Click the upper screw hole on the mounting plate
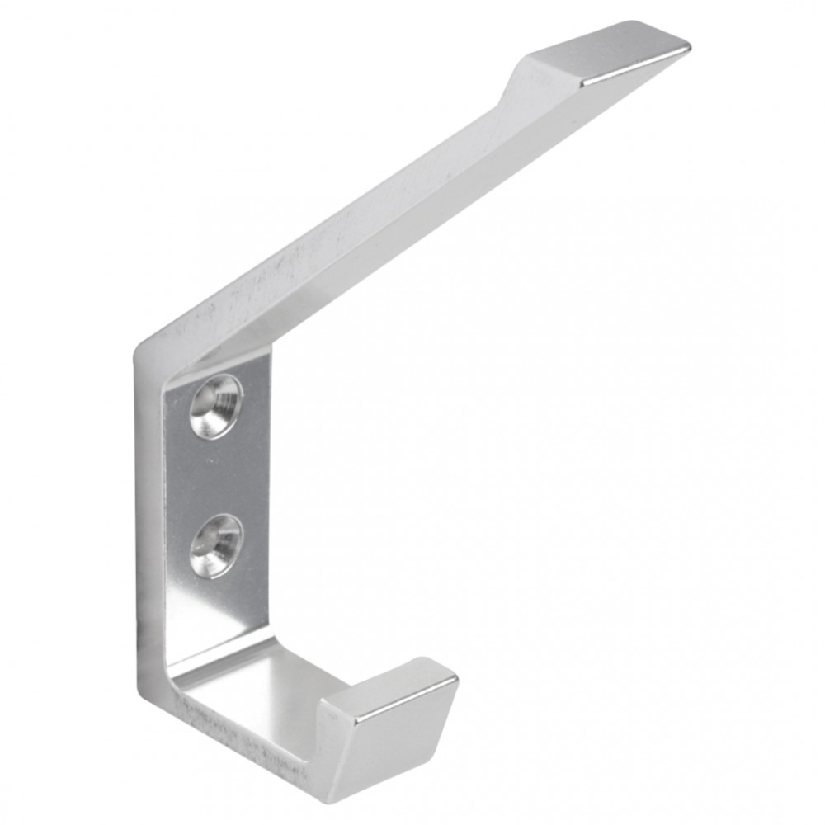(216, 404)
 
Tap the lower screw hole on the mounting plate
(216, 544)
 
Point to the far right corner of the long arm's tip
(688, 46)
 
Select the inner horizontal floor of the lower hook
(247, 685)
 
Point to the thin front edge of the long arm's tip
(635, 69)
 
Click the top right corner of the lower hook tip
(456, 681)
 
